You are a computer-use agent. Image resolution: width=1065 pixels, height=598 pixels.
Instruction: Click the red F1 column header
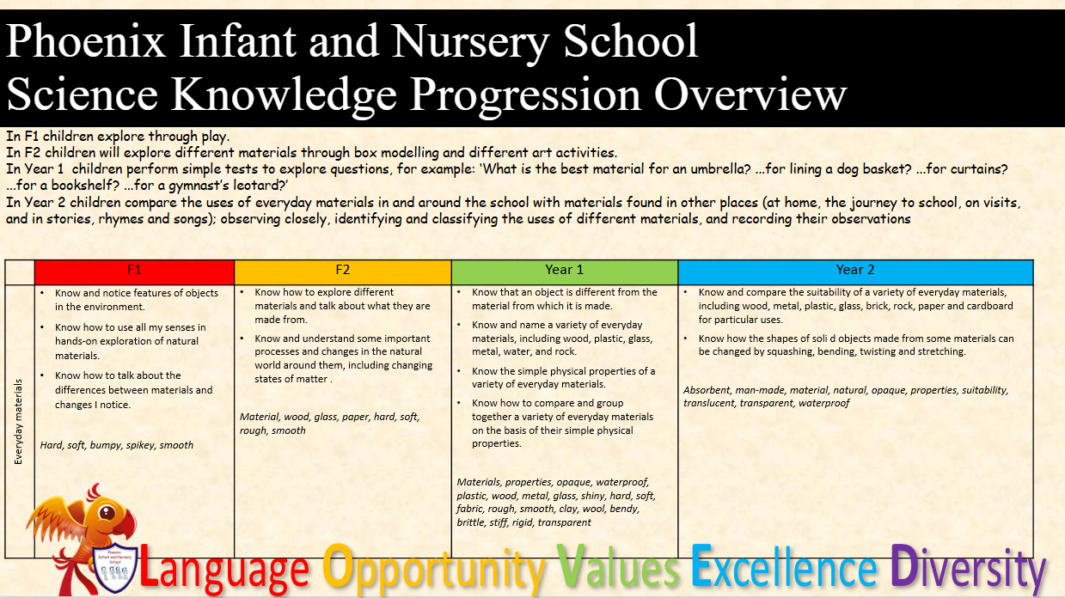point(134,272)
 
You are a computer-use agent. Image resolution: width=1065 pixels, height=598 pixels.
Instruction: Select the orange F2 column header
point(343,272)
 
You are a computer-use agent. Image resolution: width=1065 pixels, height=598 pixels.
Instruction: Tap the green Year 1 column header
point(565,272)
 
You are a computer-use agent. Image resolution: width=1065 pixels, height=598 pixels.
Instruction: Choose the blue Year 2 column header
point(855,272)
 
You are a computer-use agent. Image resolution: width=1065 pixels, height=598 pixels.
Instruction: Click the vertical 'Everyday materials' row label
point(19,421)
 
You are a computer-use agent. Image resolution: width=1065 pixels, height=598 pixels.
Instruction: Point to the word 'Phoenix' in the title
point(85,42)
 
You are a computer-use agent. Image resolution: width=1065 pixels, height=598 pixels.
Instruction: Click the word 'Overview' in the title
point(750,95)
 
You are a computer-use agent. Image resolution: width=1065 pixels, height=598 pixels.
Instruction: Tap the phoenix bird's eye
point(107,512)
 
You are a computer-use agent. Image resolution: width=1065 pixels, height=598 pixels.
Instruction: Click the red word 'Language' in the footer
point(224,568)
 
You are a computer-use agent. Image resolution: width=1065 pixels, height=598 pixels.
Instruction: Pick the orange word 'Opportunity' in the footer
point(433,569)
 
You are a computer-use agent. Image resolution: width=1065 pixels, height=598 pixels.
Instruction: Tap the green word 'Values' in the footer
point(618,565)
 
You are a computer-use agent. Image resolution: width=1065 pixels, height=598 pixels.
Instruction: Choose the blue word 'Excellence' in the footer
point(784,565)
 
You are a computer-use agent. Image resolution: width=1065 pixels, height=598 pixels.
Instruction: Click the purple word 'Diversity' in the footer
point(968,568)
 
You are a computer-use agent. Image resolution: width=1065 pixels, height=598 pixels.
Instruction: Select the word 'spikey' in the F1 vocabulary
point(140,445)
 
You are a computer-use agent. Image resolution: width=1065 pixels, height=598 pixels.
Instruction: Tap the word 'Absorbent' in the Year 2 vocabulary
point(707,390)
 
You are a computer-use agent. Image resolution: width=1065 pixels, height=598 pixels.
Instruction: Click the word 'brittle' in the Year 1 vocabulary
point(469,522)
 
